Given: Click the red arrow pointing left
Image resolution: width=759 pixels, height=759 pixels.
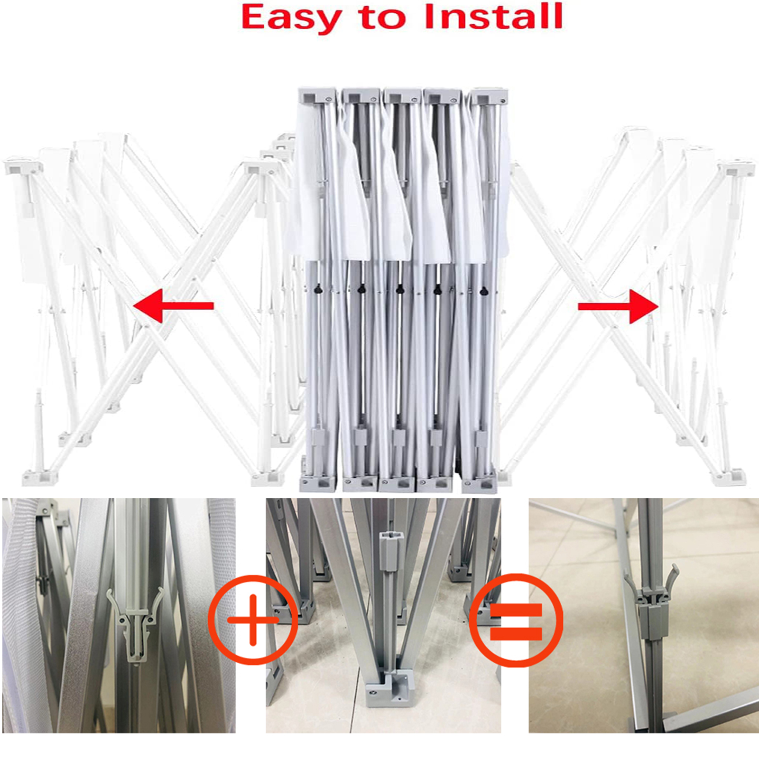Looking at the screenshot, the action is click(x=174, y=305).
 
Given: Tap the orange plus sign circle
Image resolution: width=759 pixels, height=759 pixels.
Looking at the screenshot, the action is click(x=253, y=620).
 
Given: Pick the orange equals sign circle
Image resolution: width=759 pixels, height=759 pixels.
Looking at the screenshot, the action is click(x=516, y=620).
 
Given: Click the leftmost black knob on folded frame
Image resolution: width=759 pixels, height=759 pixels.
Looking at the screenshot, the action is click(x=318, y=289).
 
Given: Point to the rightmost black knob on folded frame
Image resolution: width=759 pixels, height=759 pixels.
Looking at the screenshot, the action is click(x=484, y=290).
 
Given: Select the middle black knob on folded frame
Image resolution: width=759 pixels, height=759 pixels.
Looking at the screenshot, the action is click(x=400, y=289).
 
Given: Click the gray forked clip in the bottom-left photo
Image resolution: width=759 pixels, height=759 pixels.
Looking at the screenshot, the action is click(x=135, y=623).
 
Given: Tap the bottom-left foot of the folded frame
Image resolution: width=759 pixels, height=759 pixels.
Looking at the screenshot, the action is click(x=318, y=483).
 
